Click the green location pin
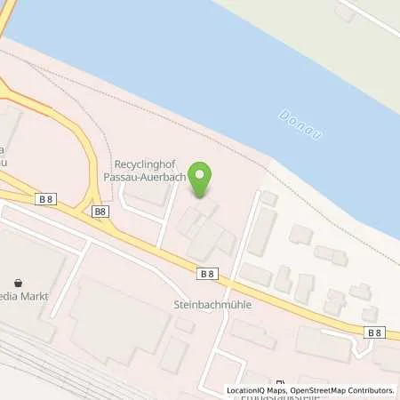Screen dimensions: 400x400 (203, 180)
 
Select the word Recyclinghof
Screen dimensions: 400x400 (145, 164)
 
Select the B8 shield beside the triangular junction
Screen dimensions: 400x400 (100, 212)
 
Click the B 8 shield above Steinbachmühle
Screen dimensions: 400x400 (208, 275)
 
